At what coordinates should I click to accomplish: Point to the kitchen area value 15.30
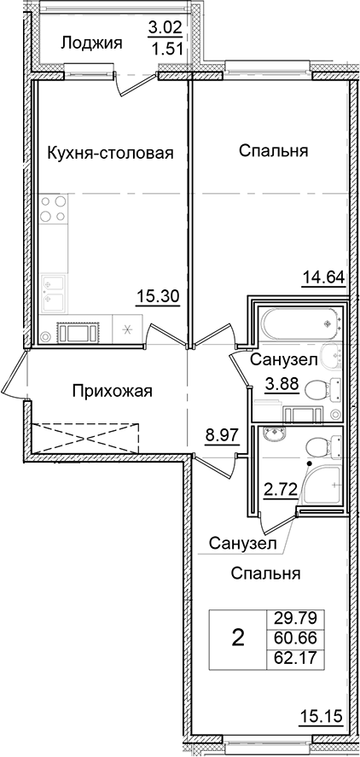pyautogui.click(x=157, y=297)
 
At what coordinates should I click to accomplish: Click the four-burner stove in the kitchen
pyautogui.click(x=54, y=208)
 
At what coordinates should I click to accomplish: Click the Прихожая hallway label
pyautogui.click(x=112, y=392)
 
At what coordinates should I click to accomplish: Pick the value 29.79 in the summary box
pyautogui.click(x=290, y=618)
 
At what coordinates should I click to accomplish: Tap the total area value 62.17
pyautogui.click(x=290, y=656)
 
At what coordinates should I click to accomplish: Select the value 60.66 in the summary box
pyautogui.click(x=290, y=638)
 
